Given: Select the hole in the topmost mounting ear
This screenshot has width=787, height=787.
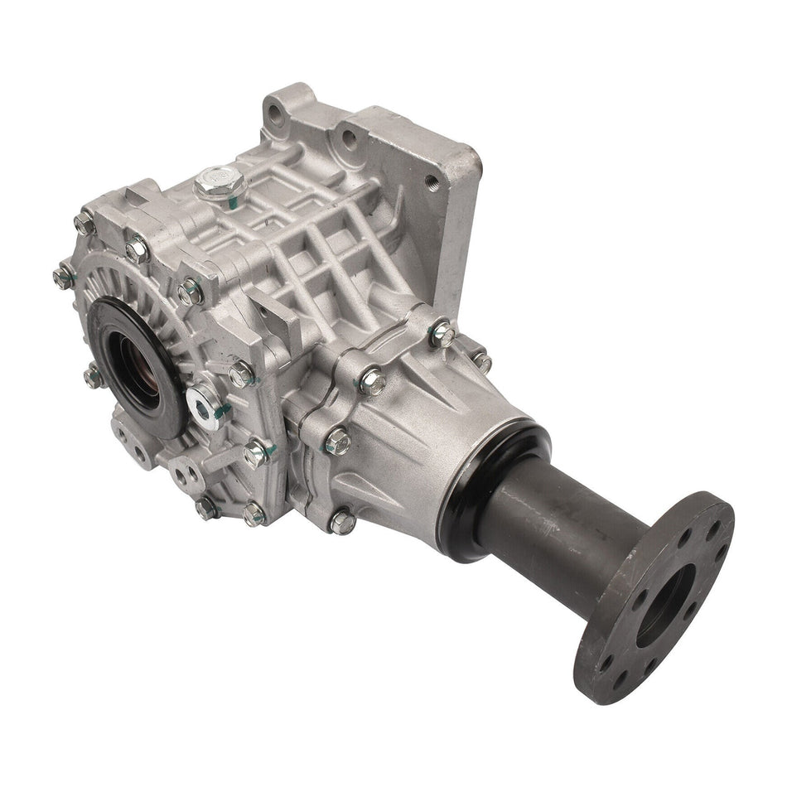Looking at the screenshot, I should [x=279, y=117].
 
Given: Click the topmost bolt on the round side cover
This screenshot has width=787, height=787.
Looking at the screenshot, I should [x=84, y=221].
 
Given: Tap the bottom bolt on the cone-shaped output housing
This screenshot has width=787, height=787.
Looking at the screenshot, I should [x=342, y=522].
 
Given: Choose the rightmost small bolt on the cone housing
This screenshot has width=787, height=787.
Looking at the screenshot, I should [x=481, y=361].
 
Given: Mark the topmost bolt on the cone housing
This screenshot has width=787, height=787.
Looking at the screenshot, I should [x=443, y=334].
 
